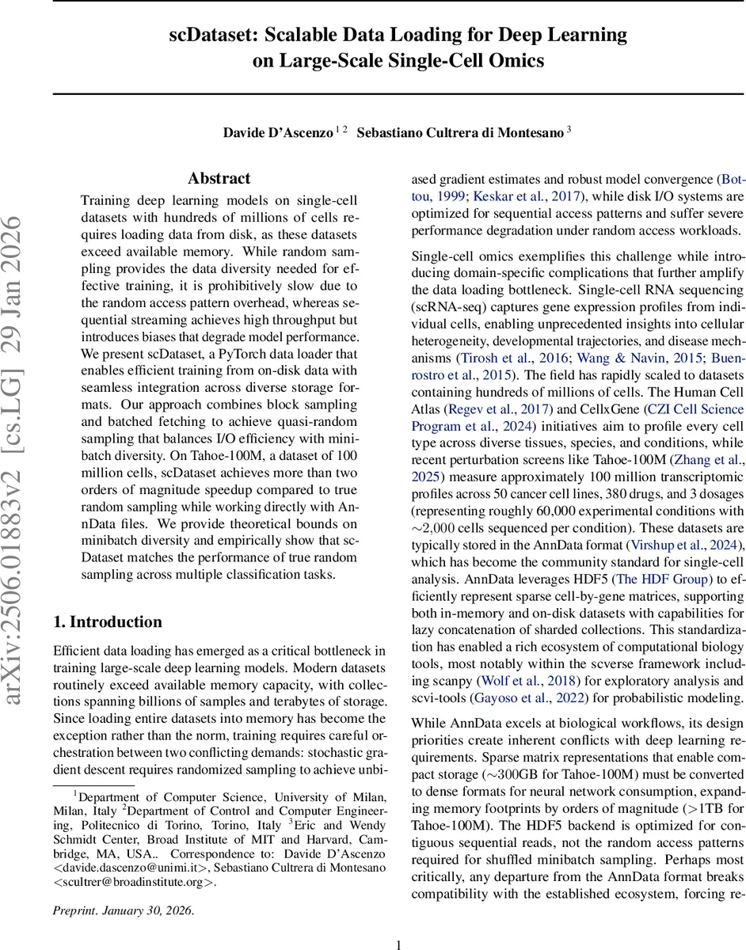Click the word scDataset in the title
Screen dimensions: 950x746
pos(213,36)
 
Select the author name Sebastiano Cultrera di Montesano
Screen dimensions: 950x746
pos(459,133)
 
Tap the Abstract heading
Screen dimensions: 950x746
pos(219,178)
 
